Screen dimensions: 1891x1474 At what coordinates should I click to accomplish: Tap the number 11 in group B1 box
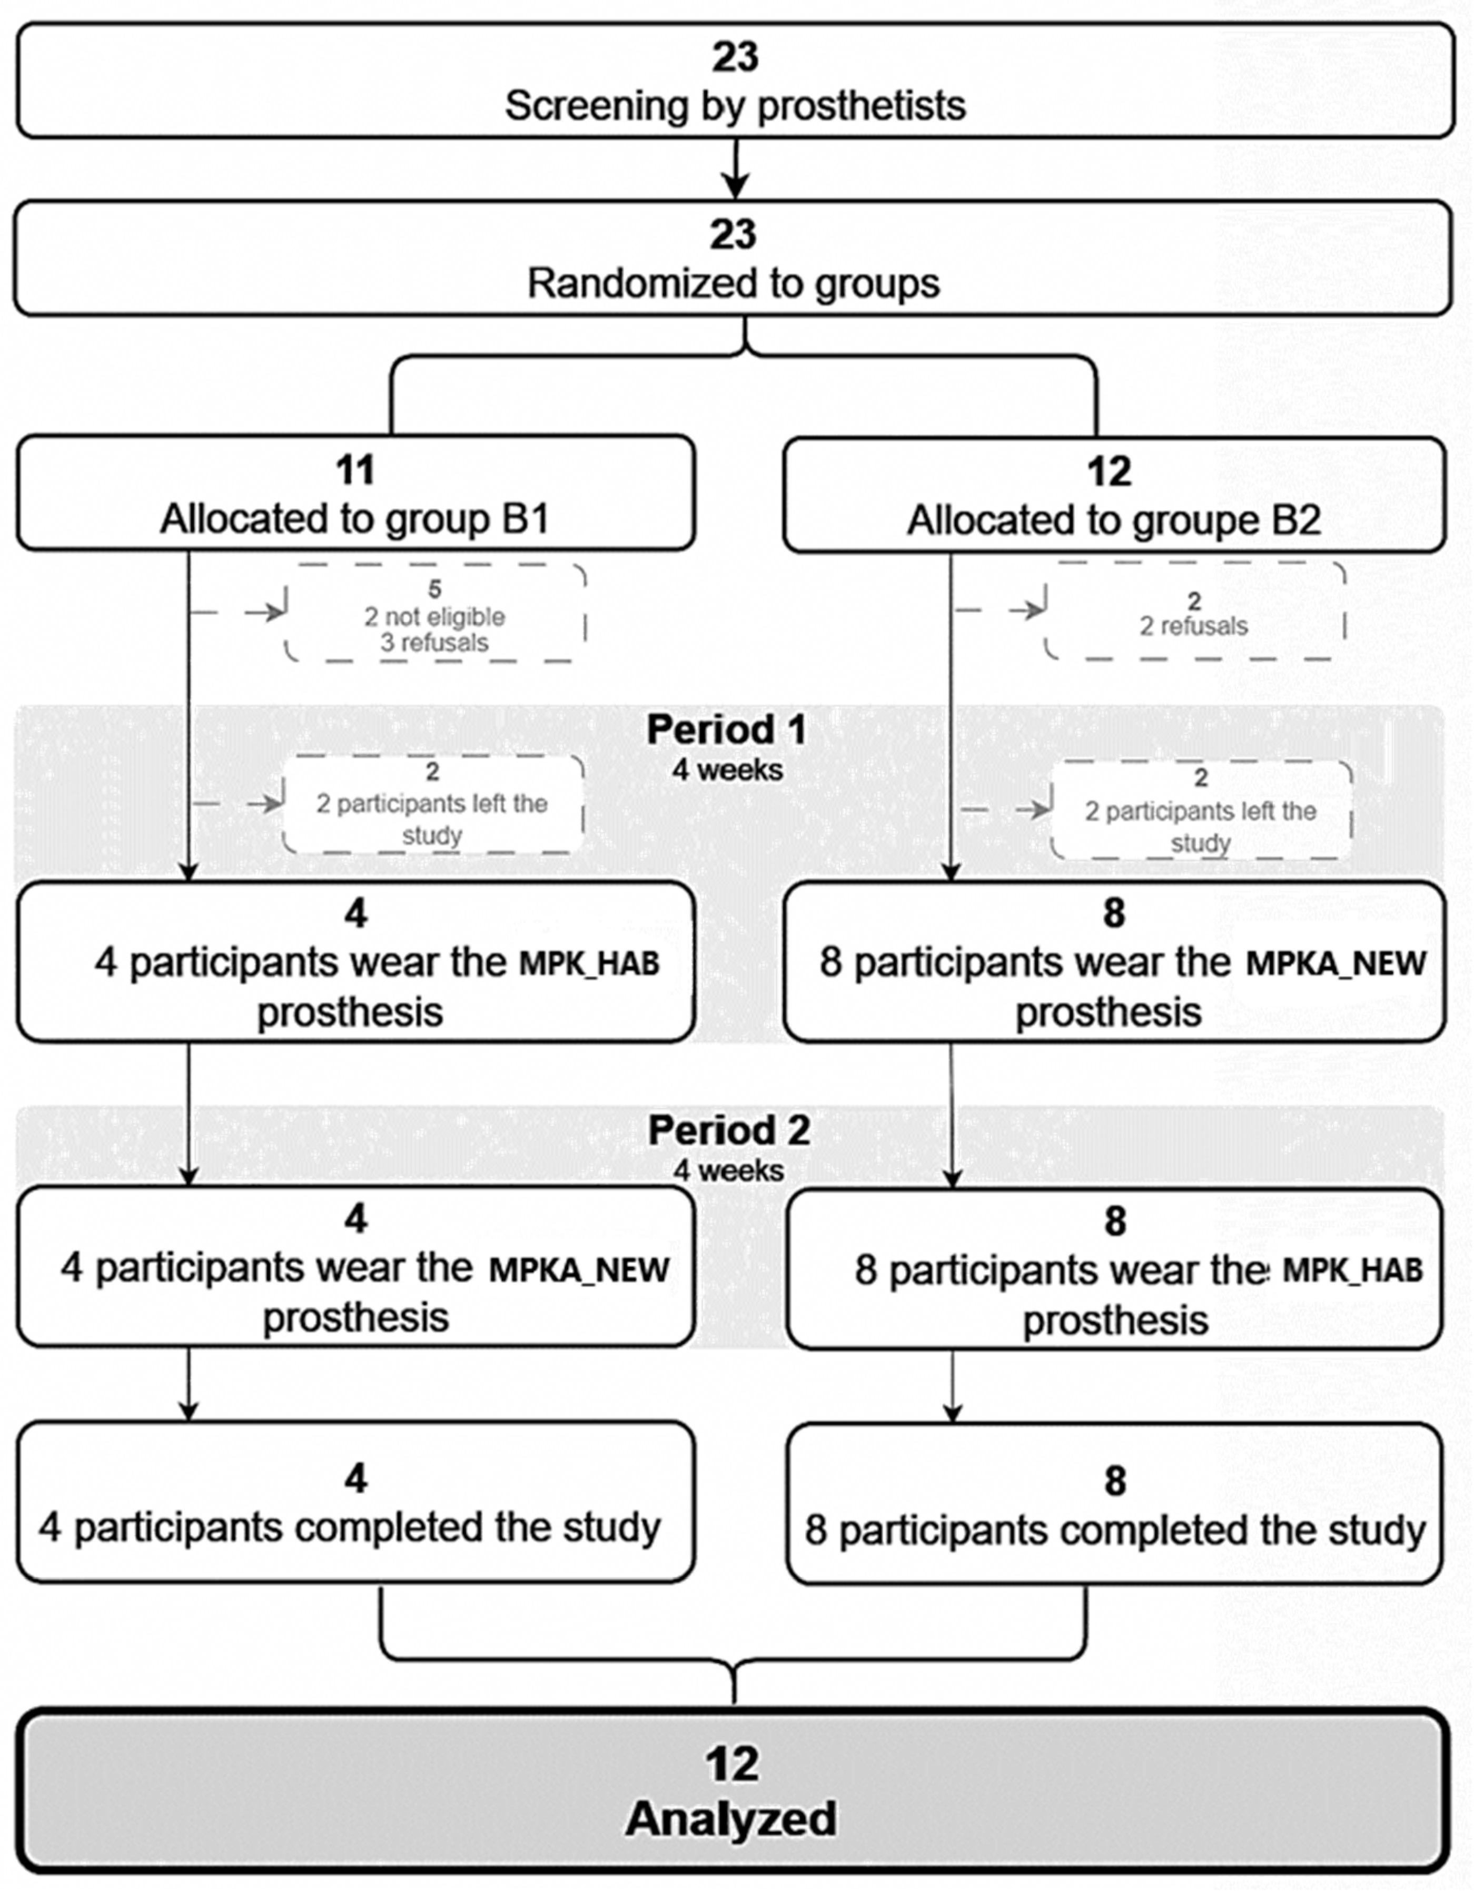pos(355,471)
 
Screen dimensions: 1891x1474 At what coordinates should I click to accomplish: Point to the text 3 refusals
pos(434,643)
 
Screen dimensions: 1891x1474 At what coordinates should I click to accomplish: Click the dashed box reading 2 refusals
pos(1194,612)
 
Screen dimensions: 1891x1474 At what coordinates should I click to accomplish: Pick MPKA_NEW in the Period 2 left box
pos(579,1270)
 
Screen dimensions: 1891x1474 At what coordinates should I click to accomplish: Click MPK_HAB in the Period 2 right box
pos(1352,1270)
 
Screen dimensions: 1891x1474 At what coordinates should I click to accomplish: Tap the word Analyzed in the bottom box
pos(731,1818)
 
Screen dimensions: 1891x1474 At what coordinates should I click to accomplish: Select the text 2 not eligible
pos(434,616)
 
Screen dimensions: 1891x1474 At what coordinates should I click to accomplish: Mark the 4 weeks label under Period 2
pos(729,1170)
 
